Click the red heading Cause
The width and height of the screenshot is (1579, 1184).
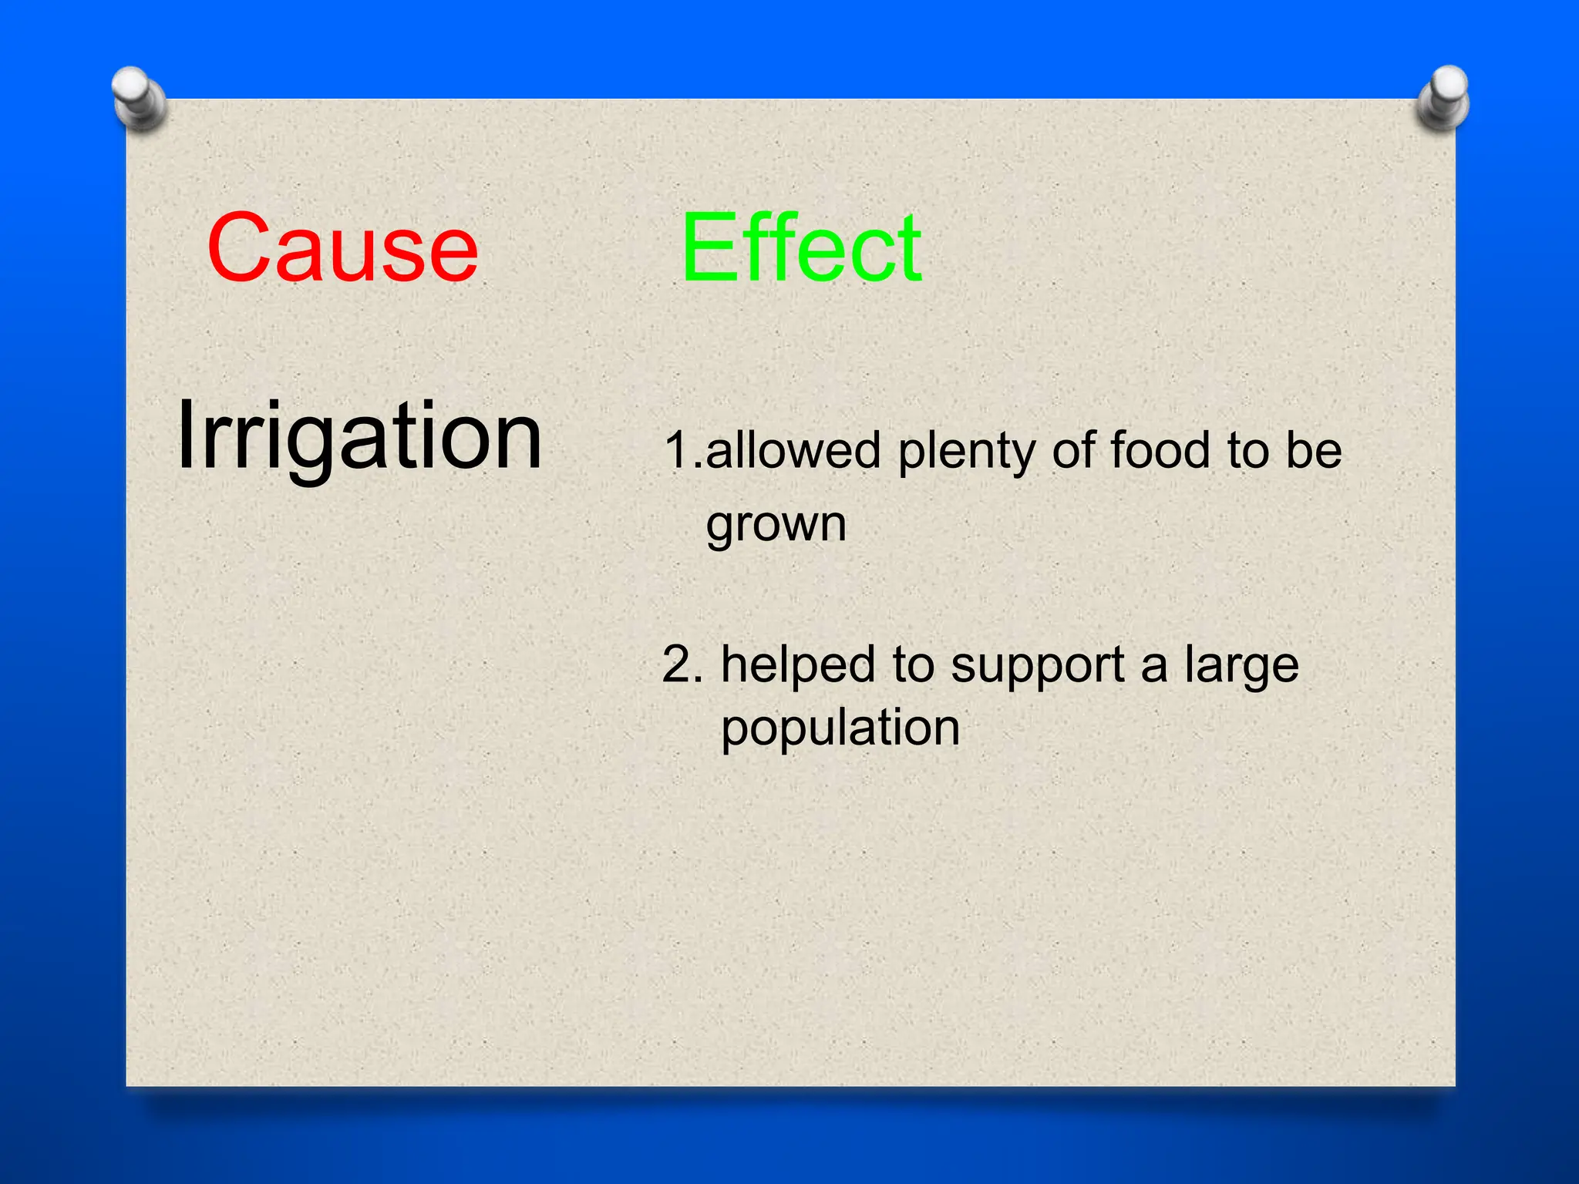(x=342, y=248)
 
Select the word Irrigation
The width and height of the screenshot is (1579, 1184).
(x=359, y=436)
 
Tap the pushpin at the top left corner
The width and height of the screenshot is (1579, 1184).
(x=138, y=99)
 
